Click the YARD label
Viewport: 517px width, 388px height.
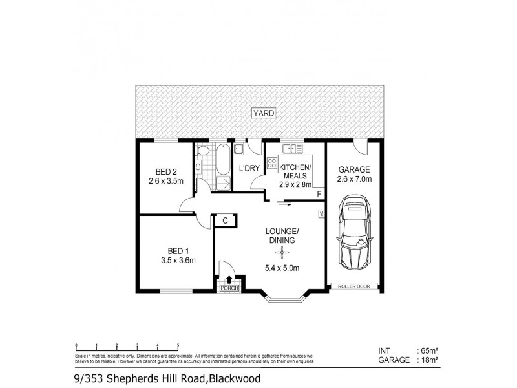[263, 113]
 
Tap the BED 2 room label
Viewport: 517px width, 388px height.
[166, 171]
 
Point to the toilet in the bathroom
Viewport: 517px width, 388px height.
[202, 153]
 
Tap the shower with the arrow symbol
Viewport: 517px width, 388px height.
[223, 184]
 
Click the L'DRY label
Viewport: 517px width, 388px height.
[249, 169]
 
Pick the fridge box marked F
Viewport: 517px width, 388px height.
[318, 194]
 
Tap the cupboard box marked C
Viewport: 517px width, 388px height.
[224, 221]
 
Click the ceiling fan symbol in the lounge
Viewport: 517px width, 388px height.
[288, 253]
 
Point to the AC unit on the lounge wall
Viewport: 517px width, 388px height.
[320, 215]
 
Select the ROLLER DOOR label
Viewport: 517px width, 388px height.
[354, 285]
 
